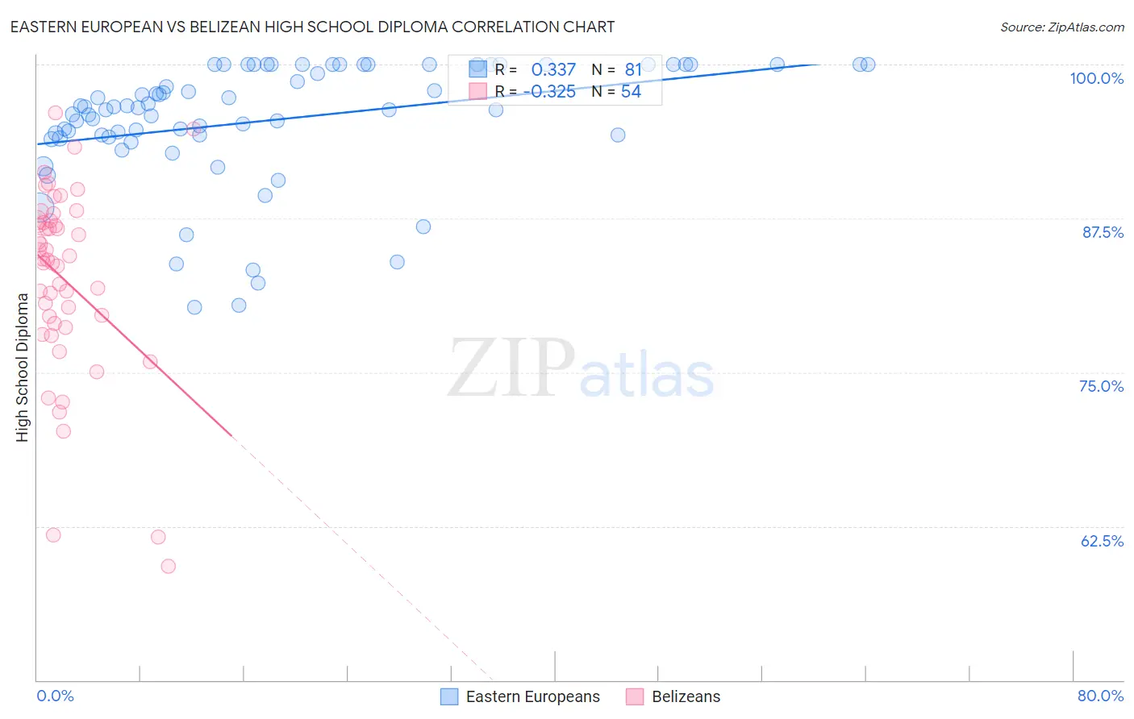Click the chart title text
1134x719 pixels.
coord(312,27)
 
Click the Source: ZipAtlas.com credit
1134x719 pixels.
coord(1061,27)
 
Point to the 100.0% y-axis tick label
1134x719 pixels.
coord(1096,78)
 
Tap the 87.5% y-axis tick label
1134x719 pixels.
coord(1103,232)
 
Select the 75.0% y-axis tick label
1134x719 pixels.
coord(1101,386)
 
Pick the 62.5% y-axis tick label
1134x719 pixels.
coord(1102,541)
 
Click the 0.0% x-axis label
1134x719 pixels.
coord(55,696)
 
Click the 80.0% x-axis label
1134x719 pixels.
coord(1100,696)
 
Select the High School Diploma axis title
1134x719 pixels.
coord(23,367)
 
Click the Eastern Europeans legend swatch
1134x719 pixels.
coord(449,696)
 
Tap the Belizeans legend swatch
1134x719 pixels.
coord(636,696)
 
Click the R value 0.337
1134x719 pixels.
coord(553,70)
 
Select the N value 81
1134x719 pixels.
coord(633,70)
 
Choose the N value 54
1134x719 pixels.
coord(631,92)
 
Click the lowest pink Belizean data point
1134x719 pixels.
coord(168,566)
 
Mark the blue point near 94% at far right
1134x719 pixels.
coord(618,135)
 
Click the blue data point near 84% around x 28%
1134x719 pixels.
coord(397,262)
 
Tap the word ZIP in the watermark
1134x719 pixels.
coord(511,368)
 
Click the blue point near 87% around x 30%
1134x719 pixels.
coord(423,227)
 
